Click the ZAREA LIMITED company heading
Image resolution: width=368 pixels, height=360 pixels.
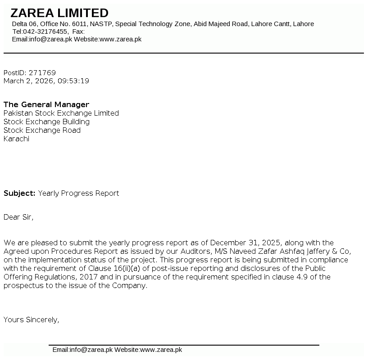[59, 13]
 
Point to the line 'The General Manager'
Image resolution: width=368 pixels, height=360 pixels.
[46, 105]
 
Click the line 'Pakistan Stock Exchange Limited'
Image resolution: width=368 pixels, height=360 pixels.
[61, 113]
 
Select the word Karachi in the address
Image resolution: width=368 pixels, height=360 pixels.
[16, 139]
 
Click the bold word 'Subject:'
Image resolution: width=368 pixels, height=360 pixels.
[19, 193]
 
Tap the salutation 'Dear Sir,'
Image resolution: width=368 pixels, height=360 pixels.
[18, 217]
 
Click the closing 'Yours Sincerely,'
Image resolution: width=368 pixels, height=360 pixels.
[32, 320]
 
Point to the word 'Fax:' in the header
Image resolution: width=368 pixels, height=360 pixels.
[78, 31]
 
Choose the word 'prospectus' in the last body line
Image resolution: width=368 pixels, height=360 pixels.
[22, 286]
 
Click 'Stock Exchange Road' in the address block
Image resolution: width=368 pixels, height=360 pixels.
[42, 130]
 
